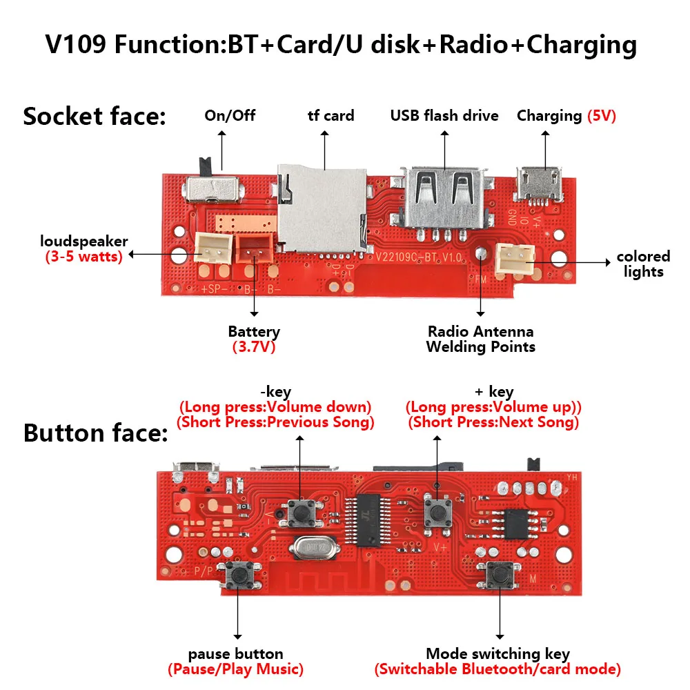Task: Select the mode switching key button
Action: tap(498, 573)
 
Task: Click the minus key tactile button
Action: tap(300, 512)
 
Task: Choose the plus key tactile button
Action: tap(435, 511)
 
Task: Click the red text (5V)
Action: tap(601, 116)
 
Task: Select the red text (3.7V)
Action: tap(253, 347)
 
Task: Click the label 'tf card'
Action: tap(331, 116)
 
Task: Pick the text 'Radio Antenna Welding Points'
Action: tap(480, 339)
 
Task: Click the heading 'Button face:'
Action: tap(95, 433)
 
